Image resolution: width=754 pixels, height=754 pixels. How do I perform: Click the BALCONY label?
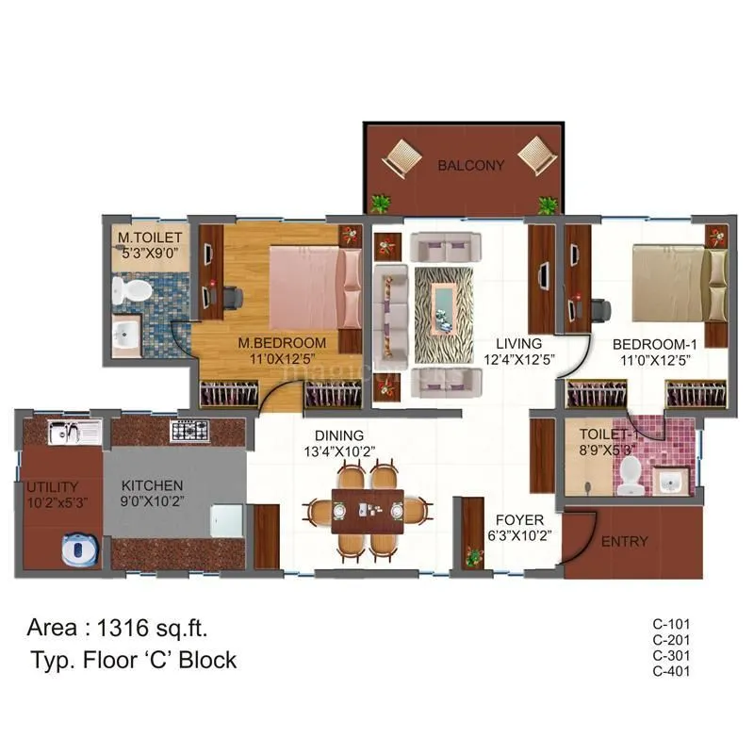click(470, 165)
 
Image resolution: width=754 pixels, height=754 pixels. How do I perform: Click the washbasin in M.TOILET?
click(127, 334)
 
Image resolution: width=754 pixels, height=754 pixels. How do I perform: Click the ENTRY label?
click(624, 541)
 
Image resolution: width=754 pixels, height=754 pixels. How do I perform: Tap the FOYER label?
click(518, 518)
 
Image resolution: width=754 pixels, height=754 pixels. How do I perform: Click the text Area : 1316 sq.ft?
click(118, 627)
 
